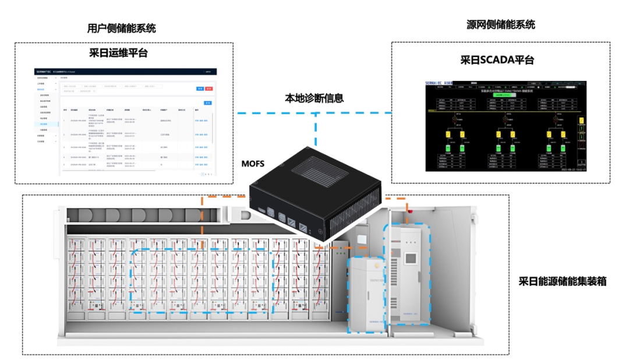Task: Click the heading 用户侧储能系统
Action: pos(121,28)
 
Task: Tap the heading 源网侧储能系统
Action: pos(501,24)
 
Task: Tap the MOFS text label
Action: pos(253,164)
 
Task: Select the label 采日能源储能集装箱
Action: pos(563,281)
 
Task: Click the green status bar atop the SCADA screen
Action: pos(498,94)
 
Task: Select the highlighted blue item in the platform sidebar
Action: pos(44,124)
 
